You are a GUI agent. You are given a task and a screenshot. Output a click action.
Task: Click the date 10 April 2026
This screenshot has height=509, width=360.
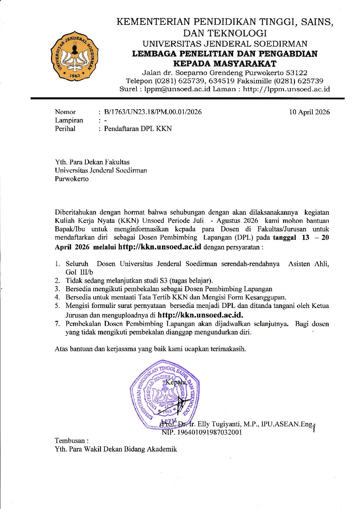309,112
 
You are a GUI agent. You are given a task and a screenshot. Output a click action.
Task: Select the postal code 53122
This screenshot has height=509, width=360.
297,73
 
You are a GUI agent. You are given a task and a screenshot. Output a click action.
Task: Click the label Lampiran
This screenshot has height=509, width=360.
69,120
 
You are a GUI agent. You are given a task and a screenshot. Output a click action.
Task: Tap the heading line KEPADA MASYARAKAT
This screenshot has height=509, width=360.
225,64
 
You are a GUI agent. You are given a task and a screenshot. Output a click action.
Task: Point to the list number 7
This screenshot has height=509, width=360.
58,324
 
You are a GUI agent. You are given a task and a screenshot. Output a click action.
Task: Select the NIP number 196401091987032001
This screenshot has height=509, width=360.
202,432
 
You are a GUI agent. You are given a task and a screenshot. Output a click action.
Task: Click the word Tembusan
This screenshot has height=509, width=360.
70,441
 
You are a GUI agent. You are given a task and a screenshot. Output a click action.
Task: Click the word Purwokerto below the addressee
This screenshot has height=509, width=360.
72,179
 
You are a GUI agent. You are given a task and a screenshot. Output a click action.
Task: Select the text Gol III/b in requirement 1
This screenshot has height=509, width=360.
79,272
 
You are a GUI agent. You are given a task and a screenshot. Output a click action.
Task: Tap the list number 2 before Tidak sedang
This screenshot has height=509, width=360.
58,281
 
